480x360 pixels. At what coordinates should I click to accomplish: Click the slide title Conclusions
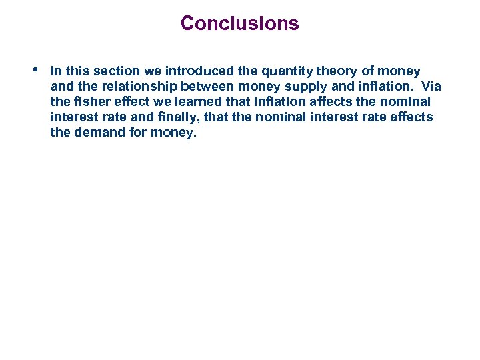(239, 23)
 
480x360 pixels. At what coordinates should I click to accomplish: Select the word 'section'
(115, 71)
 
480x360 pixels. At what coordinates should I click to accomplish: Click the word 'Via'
(430, 86)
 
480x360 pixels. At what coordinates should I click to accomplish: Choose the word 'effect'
(127, 101)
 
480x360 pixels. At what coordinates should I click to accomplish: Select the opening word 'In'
(56, 71)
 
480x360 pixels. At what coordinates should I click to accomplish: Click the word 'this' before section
(78, 71)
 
